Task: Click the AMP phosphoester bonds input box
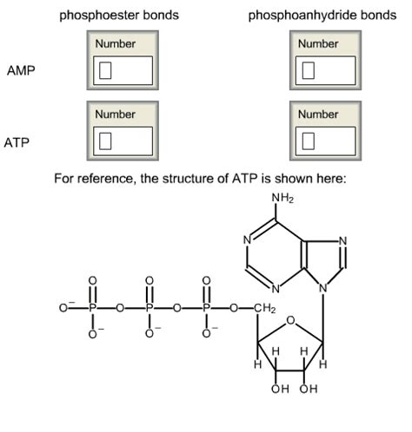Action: pos(123,69)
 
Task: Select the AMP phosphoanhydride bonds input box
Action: pos(324,69)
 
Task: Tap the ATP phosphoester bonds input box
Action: pos(123,140)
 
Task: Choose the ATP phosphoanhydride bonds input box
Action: pos(324,140)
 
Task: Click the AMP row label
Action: pos(21,70)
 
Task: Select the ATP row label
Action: pos(17,141)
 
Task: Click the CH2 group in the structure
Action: pos(264,308)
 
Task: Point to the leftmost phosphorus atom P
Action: pos(90,308)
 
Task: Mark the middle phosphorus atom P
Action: pos(149,308)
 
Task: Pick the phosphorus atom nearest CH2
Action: pos(207,308)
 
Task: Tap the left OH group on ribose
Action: pos(278,389)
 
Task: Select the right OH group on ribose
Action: pos(309,389)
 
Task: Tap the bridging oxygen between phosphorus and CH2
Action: pos(236,308)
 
